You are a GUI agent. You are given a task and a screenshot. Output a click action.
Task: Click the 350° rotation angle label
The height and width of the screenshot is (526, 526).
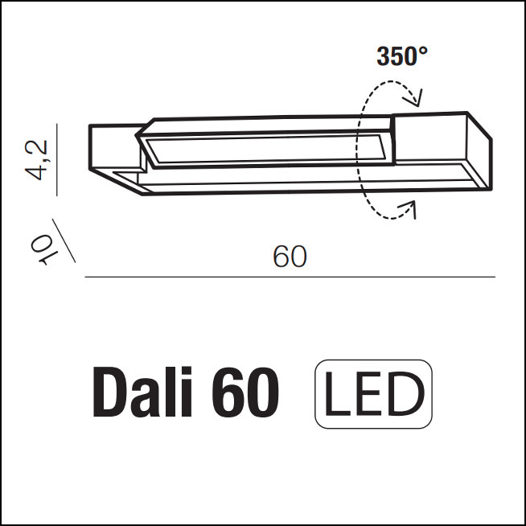click(402, 56)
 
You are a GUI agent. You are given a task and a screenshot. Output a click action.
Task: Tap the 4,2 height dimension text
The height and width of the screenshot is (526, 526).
click(37, 160)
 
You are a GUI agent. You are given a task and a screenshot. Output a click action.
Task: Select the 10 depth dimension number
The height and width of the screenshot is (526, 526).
click(43, 249)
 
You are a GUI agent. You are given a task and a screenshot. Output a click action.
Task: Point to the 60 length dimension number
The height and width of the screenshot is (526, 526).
click(290, 257)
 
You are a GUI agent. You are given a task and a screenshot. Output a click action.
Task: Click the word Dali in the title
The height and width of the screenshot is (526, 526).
click(142, 392)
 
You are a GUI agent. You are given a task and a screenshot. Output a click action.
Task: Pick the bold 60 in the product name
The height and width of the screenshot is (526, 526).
click(245, 392)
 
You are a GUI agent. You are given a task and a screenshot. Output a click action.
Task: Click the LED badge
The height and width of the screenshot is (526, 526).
click(373, 394)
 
